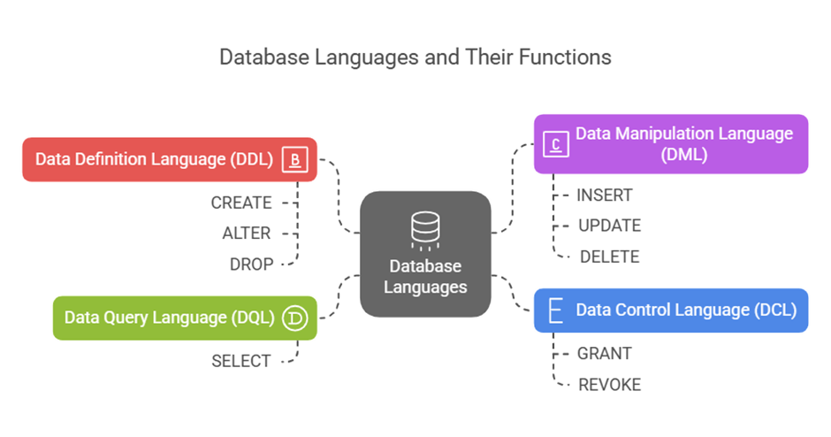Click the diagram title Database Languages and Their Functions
(x=415, y=57)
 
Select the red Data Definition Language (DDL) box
(x=168, y=160)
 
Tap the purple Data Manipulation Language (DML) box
(x=671, y=143)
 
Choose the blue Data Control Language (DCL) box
(x=670, y=310)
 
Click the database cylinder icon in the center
(x=424, y=228)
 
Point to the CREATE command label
(x=241, y=203)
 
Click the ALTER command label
(x=247, y=234)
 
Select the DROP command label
(x=251, y=264)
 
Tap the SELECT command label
(x=241, y=361)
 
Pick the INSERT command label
(x=605, y=195)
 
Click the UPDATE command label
(x=609, y=226)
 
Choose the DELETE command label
(x=608, y=257)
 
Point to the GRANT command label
(x=605, y=354)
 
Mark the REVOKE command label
(x=609, y=385)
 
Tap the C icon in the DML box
(x=555, y=143)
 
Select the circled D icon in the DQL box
(x=294, y=318)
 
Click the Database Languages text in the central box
(x=426, y=277)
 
